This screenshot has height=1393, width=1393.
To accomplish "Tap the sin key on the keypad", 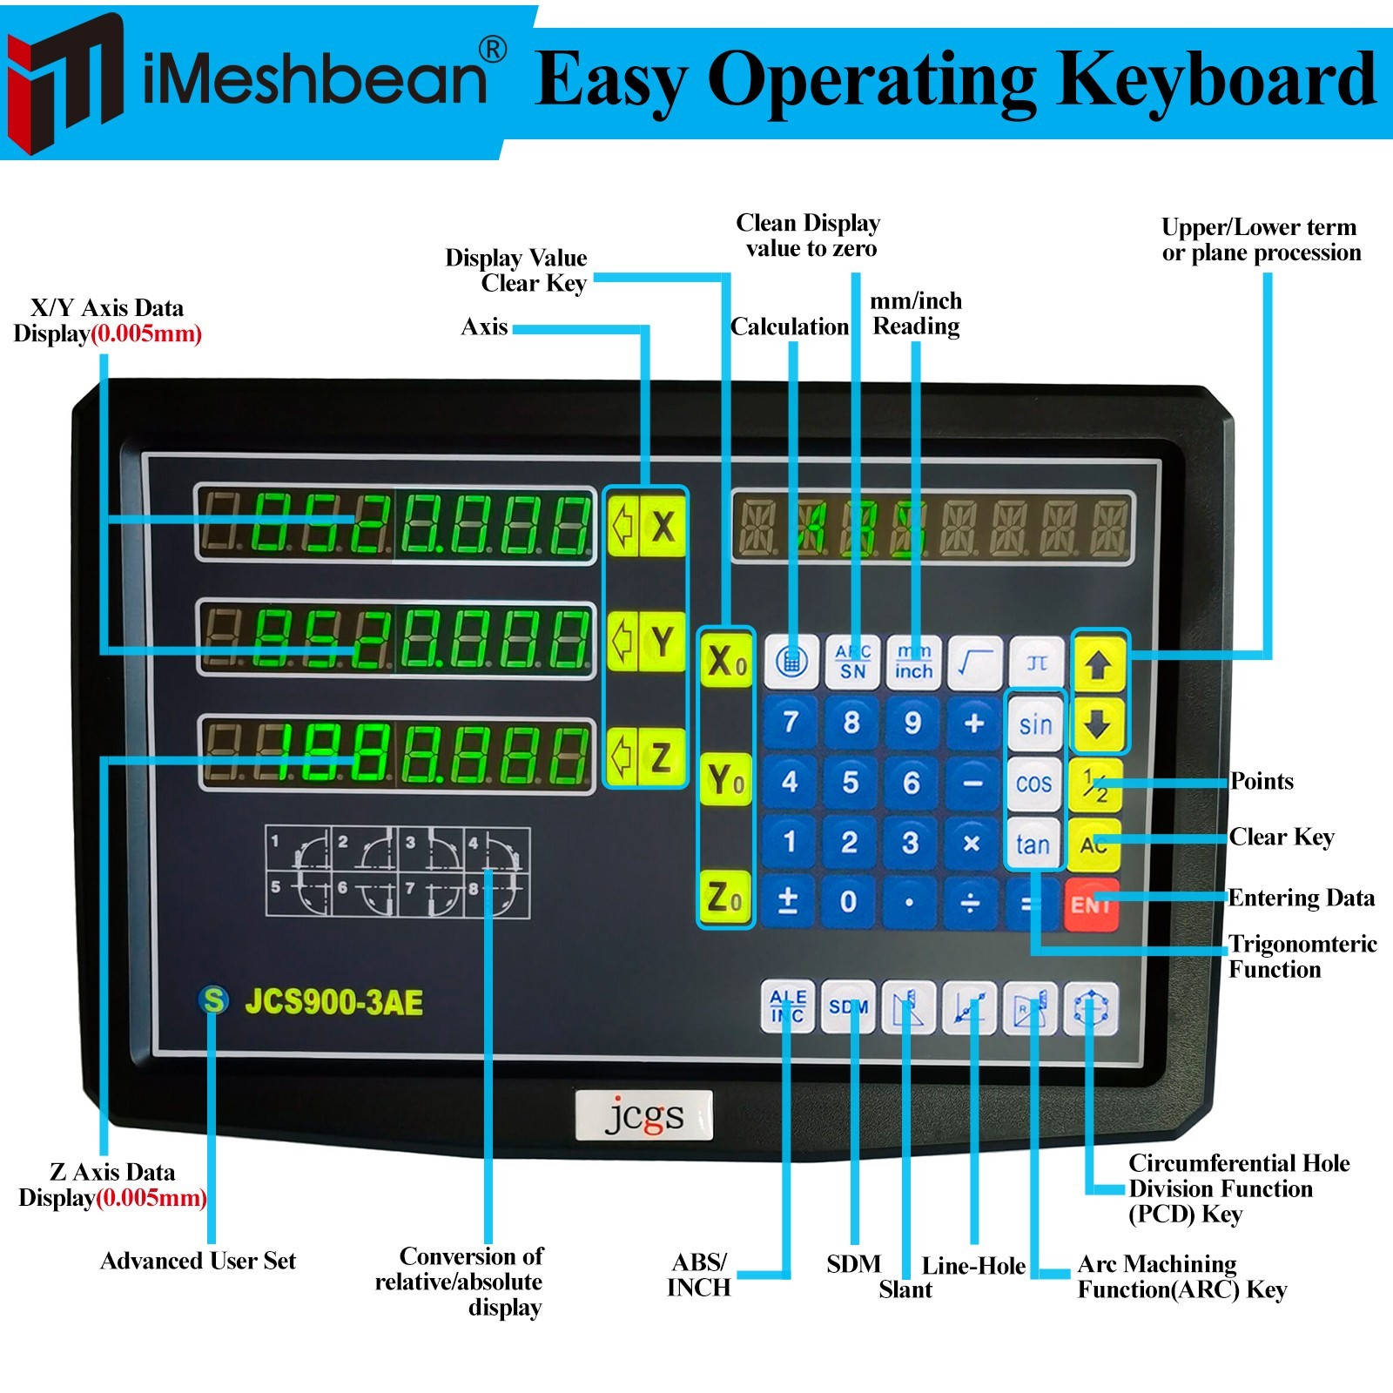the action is (1035, 724).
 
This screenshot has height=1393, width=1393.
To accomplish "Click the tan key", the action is (1033, 844).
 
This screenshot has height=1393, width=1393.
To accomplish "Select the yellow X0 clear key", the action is (726, 662).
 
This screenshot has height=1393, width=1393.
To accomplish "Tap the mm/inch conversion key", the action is (913, 663).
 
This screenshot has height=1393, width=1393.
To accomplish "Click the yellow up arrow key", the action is (1098, 665).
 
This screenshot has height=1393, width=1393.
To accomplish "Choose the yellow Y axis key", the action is (663, 642).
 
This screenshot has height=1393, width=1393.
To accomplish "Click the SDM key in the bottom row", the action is (848, 1007).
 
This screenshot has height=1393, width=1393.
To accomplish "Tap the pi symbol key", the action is (1036, 663).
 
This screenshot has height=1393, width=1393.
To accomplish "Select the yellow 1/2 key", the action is (1095, 784).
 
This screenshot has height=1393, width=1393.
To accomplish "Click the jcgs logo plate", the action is (644, 1114).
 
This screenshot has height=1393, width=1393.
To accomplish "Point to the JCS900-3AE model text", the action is (333, 1002).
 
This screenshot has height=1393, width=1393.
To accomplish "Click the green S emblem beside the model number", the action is (213, 1000).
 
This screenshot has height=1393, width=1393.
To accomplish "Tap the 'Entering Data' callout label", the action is (1301, 898).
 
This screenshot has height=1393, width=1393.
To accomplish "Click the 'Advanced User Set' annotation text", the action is (199, 1261).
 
